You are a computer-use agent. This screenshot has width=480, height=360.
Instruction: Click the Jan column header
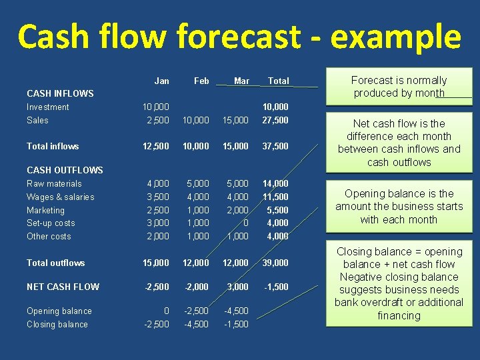tap(161, 81)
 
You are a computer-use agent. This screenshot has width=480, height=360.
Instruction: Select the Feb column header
tap(201, 81)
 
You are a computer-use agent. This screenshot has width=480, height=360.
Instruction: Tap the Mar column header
tap(241, 81)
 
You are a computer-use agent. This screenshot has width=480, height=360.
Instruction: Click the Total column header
tap(278, 81)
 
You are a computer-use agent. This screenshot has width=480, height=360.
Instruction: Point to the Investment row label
tap(48, 107)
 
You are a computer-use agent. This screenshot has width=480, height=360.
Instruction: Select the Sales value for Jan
tap(158, 120)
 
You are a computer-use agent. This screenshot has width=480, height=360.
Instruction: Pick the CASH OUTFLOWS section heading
tap(65, 170)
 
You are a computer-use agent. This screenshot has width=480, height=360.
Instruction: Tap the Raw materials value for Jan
tap(158, 183)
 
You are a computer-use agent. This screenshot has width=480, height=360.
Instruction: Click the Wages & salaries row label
tap(61, 197)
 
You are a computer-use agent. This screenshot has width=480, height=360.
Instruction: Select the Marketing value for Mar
tap(237, 210)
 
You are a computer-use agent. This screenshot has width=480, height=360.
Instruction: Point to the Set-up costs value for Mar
tap(245, 223)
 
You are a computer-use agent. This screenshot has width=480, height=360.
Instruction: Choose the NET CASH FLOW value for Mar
tap(237, 287)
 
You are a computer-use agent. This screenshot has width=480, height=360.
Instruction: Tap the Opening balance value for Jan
tap(165, 311)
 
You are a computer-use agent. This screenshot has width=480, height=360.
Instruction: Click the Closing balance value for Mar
tap(237, 324)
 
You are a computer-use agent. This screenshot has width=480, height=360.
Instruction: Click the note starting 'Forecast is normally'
tap(399, 87)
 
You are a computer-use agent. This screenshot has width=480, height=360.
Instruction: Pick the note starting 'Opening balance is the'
tap(399, 207)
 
